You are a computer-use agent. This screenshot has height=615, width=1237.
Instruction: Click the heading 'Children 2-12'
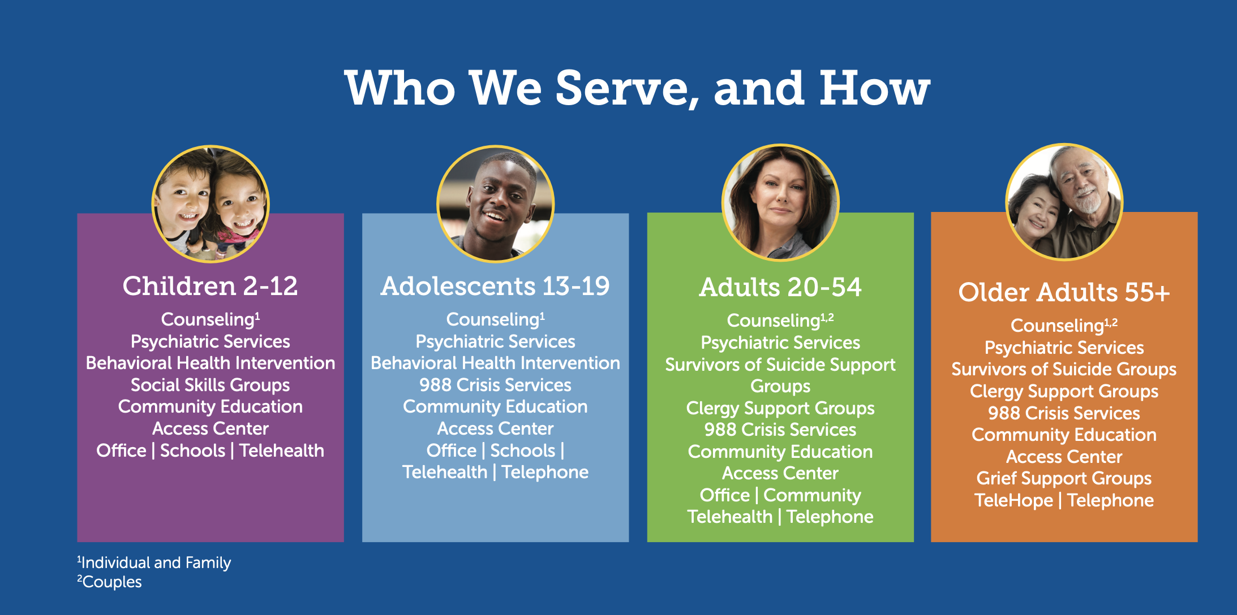(210, 286)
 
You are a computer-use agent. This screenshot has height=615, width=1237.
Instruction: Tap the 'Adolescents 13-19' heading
(495, 286)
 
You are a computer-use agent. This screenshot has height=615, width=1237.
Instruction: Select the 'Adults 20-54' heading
(780, 287)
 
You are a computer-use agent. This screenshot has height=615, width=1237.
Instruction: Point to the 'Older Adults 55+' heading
(1064, 292)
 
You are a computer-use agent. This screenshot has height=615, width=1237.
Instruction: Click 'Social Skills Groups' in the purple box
(210, 385)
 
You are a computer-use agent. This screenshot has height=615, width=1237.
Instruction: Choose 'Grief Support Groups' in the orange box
(1064, 478)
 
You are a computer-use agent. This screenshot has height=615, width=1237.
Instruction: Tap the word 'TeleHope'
(1013, 500)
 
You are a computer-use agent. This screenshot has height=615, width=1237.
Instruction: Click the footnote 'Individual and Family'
(154, 563)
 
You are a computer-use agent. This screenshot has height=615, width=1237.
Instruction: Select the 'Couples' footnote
(110, 582)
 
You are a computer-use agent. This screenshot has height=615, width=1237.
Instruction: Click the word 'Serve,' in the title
(628, 89)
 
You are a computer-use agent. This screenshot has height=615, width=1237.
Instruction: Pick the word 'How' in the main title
(875, 88)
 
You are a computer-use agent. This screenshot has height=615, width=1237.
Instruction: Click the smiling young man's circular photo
(495, 204)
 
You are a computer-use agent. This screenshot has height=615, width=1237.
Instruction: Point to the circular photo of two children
(211, 204)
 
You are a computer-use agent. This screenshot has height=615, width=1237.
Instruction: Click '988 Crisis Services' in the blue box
(495, 385)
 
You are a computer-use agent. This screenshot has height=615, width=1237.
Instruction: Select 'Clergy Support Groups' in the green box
(780, 408)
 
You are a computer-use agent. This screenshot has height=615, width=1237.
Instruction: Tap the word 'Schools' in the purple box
(192, 451)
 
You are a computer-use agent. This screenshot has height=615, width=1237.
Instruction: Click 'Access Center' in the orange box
(1064, 457)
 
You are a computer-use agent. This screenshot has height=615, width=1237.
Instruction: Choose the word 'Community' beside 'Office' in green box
(812, 495)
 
